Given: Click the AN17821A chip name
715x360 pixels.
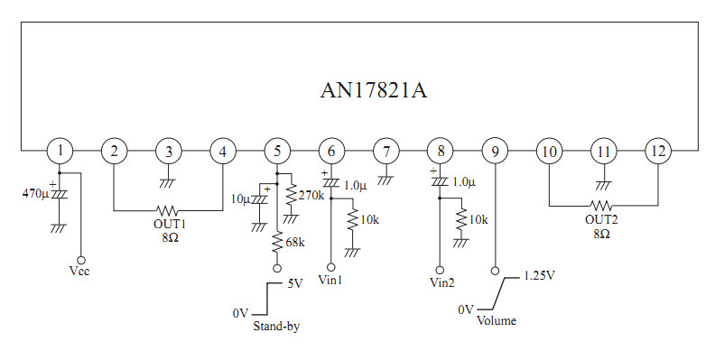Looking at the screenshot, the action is pyautogui.click(x=374, y=90).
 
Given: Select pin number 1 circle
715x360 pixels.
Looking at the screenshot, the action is pyautogui.click(x=60, y=151).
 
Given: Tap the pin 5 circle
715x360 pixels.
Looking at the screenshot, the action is pyautogui.click(x=277, y=151).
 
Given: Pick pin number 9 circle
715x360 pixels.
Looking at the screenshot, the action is pyautogui.click(x=496, y=151).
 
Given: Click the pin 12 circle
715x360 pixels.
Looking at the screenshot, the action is pyautogui.click(x=658, y=151).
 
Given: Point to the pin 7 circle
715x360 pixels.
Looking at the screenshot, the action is pyautogui.click(x=386, y=151).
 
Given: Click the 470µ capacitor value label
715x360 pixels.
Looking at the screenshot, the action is pyautogui.click(x=35, y=194).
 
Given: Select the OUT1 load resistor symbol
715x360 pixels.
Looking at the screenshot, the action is pyautogui.click(x=167, y=210).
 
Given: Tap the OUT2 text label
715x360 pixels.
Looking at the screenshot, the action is pyautogui.click(x=601, y=219).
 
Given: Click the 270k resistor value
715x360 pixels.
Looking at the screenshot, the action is pyautogui.click(x=311, y=196).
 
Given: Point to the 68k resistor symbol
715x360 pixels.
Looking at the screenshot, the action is pyautogui.click(x=277, y=243).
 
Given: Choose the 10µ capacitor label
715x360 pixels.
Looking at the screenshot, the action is pyautogui.click(x=240, y=199).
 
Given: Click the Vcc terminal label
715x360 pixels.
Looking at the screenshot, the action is pyautogui.click(x=79, y=272).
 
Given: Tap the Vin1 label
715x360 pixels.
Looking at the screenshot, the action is pyautogui.click(x=330, y=280).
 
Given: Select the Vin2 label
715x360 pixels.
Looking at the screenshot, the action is pyautogui.click(x=442, y=282).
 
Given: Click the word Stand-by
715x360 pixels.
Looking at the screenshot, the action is pyautogui.click(x=277, y=327).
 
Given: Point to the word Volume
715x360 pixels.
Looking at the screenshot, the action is pyautogui.click(x=497, y=320).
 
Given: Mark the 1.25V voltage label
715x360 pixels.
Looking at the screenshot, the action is pyautogui.click(x=539, y=276).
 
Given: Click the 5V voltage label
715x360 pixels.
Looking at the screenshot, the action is pyautogui.click(x=294, y=283).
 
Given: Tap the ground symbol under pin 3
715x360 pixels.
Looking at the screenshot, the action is pyautogui.click(x=168, y=183).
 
